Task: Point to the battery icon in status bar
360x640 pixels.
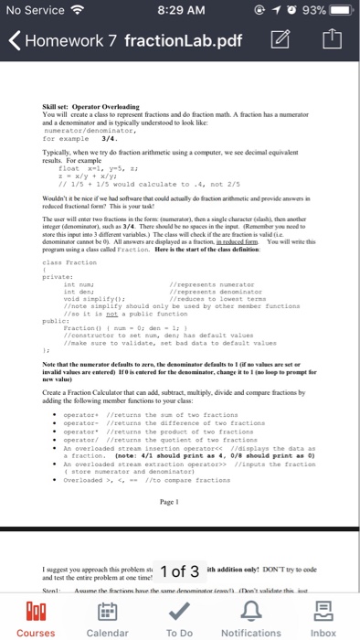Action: (339, 11)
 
